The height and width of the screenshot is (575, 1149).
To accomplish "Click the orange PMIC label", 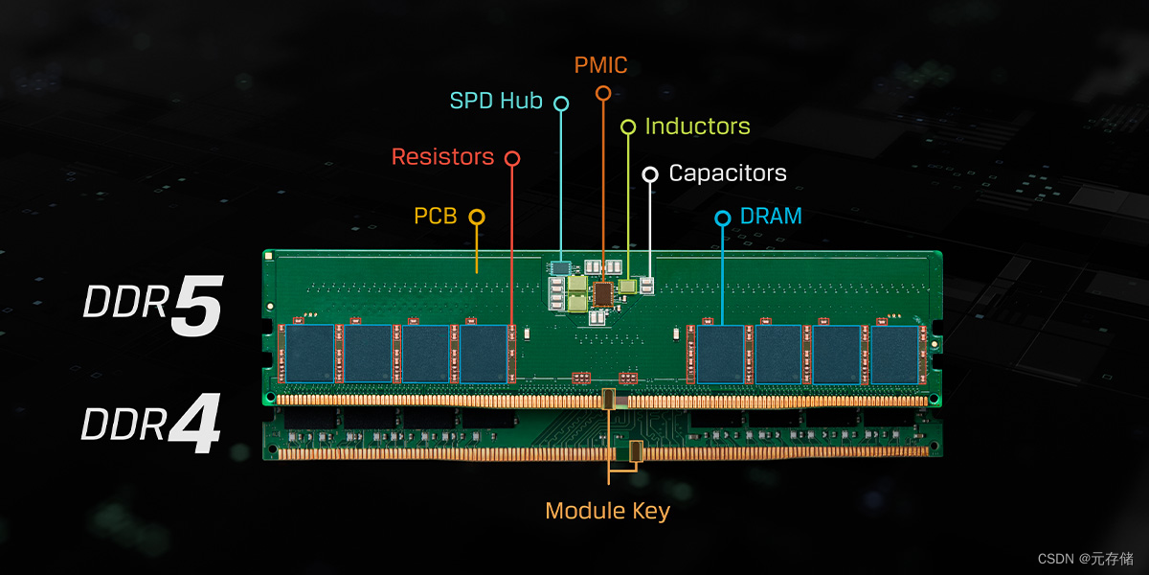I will tap(601, 66).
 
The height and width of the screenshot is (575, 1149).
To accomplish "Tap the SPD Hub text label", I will tap(496, 101).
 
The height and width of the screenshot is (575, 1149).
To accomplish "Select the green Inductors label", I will tap(697, 126).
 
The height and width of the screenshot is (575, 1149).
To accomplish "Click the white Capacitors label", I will tap(728, 173).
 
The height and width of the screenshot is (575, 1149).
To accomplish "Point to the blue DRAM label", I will tap(771, 217).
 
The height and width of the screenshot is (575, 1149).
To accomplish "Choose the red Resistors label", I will tap(442, 156).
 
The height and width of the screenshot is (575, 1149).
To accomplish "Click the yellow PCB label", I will tap(436, 217).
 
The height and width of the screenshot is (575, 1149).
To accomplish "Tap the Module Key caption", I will tap(607, 511).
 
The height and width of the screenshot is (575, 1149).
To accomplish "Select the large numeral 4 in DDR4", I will tap(195, 426).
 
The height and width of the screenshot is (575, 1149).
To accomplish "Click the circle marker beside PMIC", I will tap(603, 93).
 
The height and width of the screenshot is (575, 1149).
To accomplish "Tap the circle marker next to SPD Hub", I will tap(561, 103).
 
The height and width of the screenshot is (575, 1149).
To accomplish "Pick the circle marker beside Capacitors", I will tap(650, 173).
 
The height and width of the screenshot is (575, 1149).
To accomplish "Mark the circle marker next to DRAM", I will tap(723, 218).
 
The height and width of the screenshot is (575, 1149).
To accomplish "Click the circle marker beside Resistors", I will tap(512, 158).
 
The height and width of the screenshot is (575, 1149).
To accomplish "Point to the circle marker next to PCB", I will tap(476, 218).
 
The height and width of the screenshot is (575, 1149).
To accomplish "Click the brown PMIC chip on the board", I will tap(603, 293).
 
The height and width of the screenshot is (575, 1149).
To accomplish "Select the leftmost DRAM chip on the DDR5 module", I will tap(309, 354).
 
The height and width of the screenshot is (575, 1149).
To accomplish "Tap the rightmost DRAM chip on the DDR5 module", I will tap(893, 354).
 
